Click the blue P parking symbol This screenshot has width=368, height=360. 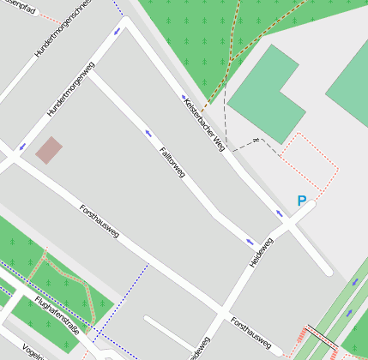coord(301,201)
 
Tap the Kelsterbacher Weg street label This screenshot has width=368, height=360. coord(203,123)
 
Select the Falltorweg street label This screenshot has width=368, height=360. coord(172,163)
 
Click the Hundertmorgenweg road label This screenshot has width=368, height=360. coord(70,89)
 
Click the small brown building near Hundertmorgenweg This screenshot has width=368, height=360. coord(49,150)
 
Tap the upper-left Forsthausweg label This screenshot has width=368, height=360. coord(99,221)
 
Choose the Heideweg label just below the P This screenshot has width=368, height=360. coord(261,252)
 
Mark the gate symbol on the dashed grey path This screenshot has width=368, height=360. coord(255,140)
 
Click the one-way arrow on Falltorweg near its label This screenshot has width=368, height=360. coord(148,134)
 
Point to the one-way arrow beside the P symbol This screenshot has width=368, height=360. coord(279,213)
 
